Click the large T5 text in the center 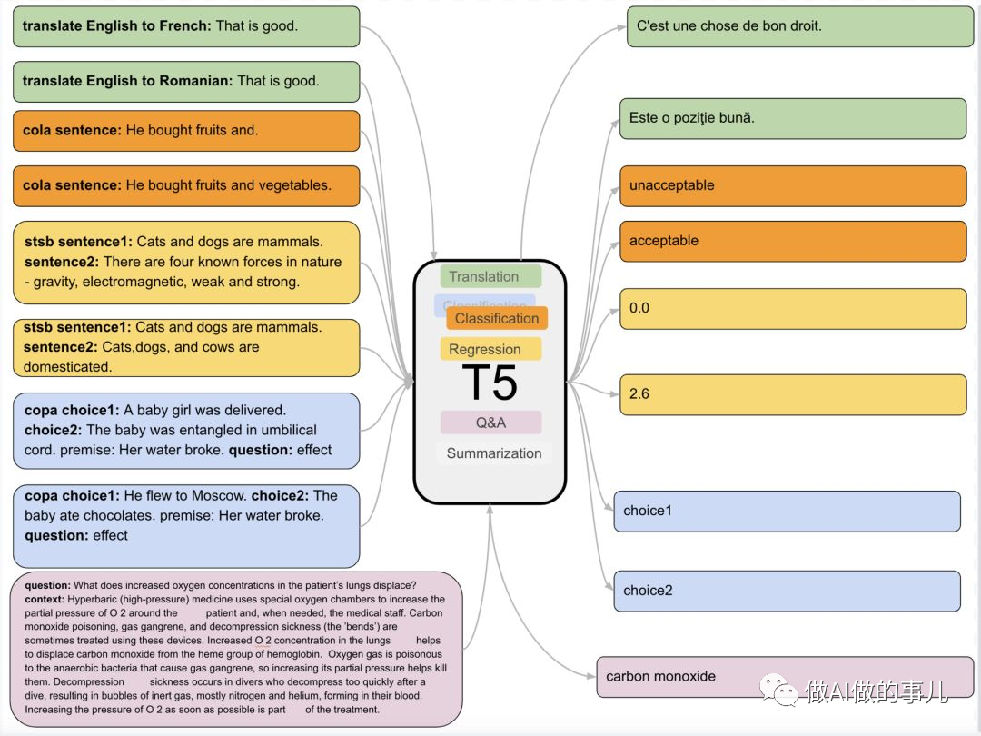490,383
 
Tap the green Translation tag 490,276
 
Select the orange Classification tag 497,318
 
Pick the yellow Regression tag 490,349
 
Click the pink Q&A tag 490,423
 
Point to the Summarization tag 494,453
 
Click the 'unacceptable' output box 792,185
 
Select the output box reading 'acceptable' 792,241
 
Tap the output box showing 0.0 792,308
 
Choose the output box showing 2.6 792,394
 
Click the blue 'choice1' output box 786,511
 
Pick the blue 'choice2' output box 786,591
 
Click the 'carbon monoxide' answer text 661,676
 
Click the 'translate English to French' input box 186,26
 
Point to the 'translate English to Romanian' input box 186,81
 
